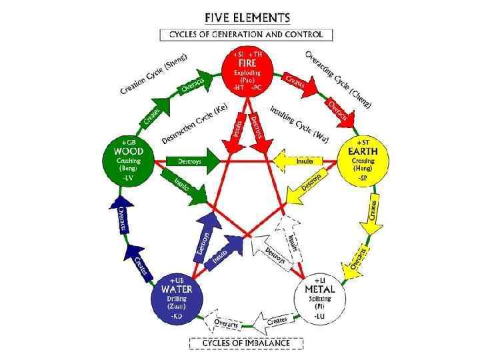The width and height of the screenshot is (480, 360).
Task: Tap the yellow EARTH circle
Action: [x=363, y=161]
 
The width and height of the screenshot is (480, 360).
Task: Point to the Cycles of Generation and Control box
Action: [x=246, y=34]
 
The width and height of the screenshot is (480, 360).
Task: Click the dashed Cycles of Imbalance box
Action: [x=246, y=343]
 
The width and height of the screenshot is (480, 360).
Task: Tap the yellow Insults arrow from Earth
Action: [x=304, y=161]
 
